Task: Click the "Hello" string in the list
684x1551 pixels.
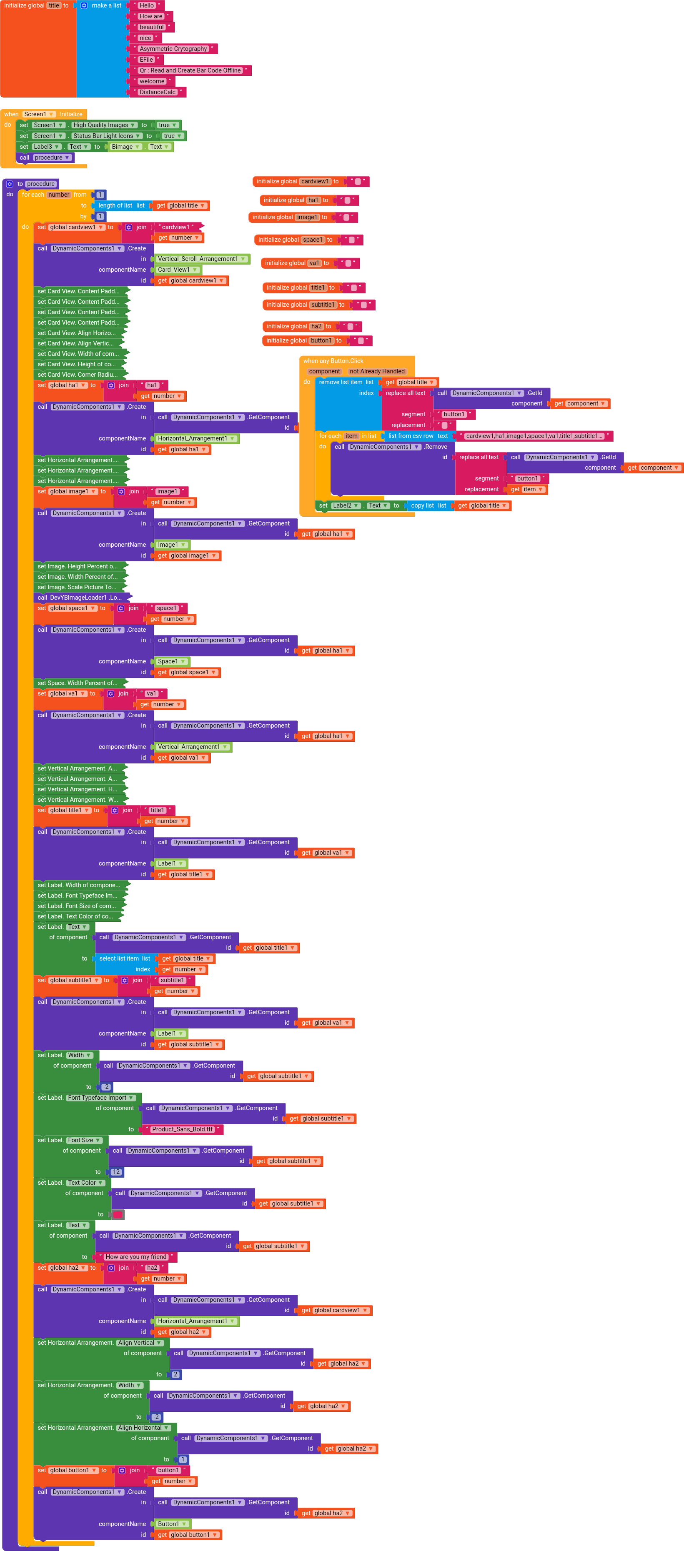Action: (x=146, y=5)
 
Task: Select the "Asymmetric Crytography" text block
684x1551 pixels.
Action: (x=173, y=49)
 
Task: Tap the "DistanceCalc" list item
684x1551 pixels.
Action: (x=157, y=92)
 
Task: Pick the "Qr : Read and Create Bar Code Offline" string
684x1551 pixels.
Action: (x=190, y=70)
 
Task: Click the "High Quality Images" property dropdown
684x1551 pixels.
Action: (x=103, y=125)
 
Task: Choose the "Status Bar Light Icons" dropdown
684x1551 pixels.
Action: (x=107, y=136)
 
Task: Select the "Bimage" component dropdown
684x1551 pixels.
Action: (x=125, y=147)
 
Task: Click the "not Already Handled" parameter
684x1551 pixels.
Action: (x=377, y=371)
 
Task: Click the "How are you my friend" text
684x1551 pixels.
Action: (x=135, y=1257)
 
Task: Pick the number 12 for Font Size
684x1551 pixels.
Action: (x=116, y=1172)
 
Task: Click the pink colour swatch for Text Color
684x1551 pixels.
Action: (x=118, y=1214)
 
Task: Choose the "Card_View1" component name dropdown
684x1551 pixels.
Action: (x=178, y=270)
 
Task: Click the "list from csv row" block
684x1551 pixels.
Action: (x=410, y=436)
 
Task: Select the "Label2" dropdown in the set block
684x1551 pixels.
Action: (x=346, y=506)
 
